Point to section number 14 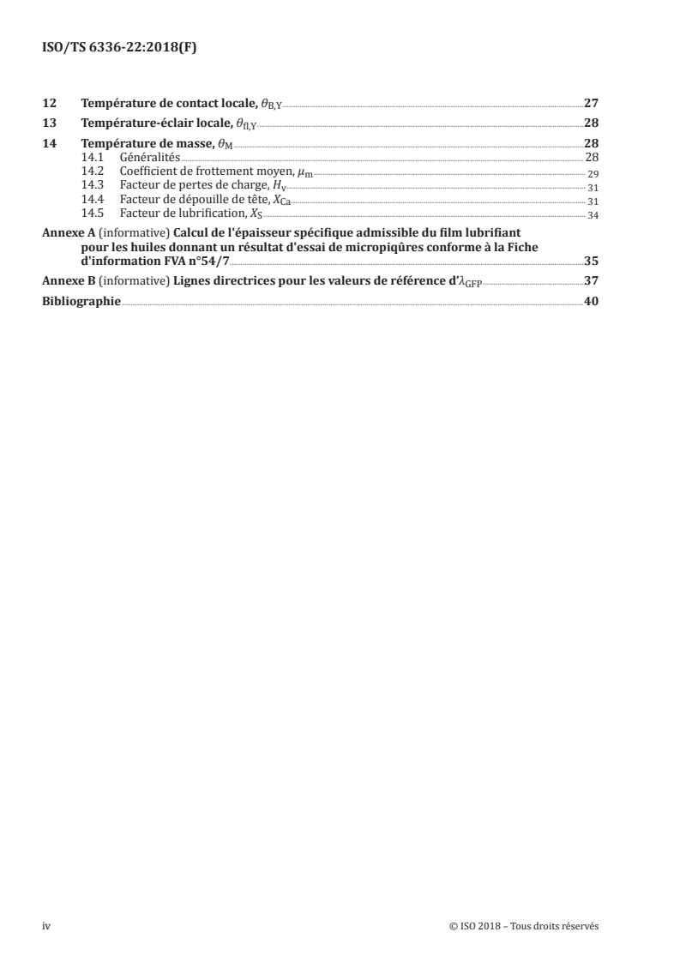(48, 142)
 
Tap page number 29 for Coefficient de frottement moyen (593, 172)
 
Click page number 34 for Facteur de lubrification (593, 214)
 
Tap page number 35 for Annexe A (591, 262)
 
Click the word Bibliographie (81, 301)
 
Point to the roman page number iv (47, 926)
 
